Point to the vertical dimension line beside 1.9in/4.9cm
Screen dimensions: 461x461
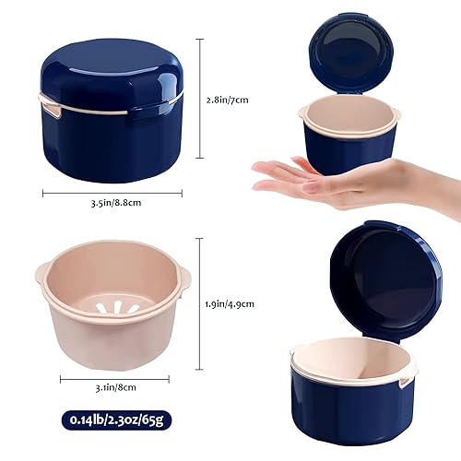coord(200,301)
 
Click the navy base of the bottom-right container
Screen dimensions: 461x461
coord(350,406)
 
